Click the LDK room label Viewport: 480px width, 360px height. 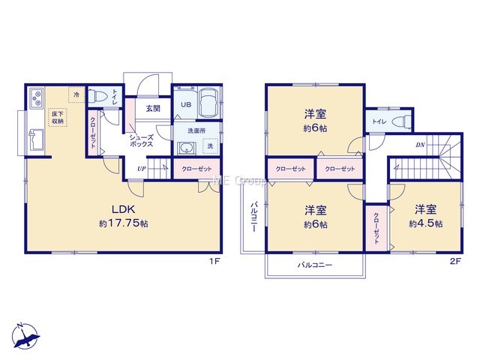(123, 210)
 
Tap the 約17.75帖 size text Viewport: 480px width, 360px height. (123, 223)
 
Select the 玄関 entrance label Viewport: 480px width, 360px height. (153, 108)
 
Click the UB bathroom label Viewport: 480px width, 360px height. (186, 104)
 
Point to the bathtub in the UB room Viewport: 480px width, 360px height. (208, 103)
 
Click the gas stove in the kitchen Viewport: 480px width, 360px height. (37, 97)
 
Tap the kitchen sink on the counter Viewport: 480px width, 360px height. (36, 140)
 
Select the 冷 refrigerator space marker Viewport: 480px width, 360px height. (76, 94)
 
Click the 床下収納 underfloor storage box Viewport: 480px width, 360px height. (57, 118)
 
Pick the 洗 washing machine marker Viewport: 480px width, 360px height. (210, 146)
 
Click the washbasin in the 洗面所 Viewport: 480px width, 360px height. (185, 148)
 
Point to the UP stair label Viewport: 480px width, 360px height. (141, 168)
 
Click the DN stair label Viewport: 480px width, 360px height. (420, 145)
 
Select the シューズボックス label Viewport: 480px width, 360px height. (141, 141)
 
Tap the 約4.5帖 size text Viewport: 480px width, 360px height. (425, 223)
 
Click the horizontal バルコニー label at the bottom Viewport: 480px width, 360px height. (315, 265)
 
